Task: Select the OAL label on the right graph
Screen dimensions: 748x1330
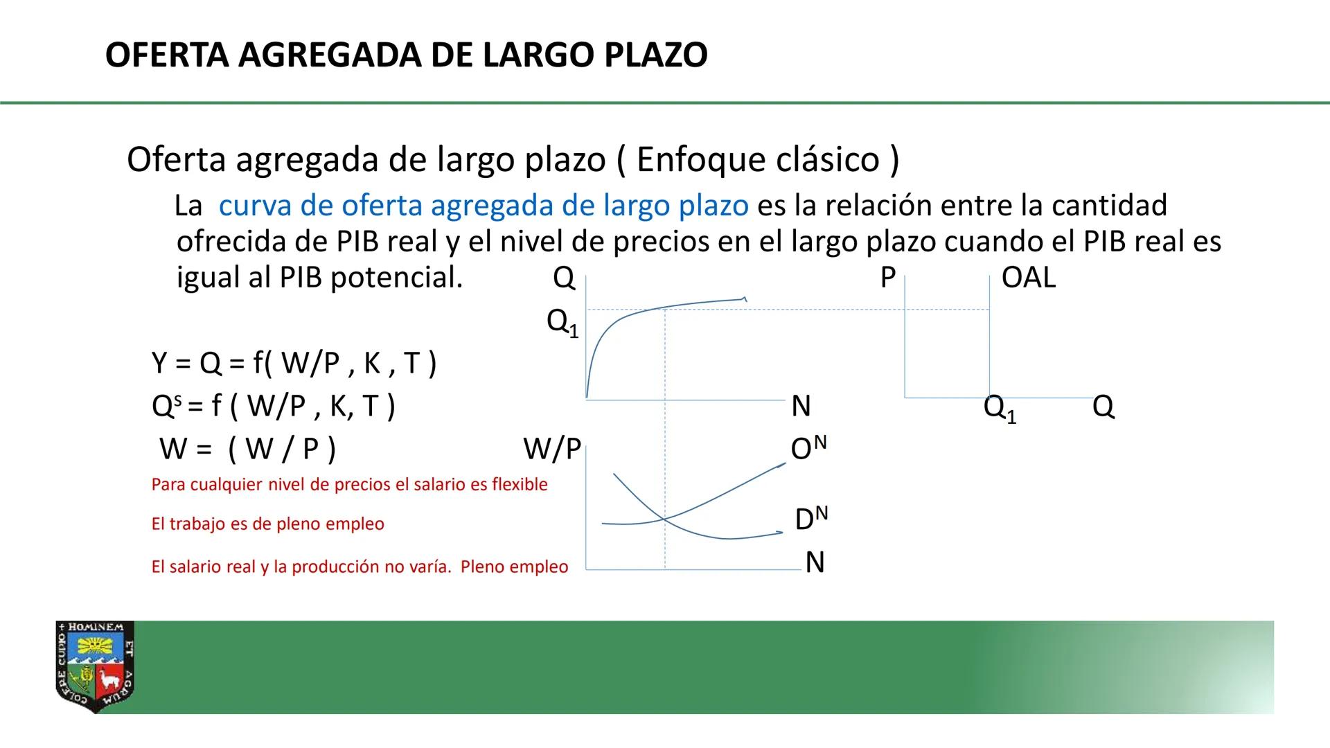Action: pos(1028,278)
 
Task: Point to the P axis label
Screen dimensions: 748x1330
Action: pos(887,278)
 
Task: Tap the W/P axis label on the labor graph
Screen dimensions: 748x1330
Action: pos(551,449)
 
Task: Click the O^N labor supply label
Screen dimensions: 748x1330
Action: pos(808,448)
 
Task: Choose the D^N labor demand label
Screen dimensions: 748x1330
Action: pos(811,519)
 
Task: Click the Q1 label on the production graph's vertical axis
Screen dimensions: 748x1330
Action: pos(562,322)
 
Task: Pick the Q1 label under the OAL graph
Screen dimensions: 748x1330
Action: pos(1000,409)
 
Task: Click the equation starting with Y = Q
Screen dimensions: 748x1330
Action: pos(294,363)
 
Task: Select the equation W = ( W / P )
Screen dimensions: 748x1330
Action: pos(247,449)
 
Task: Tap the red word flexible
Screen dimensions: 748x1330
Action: pos(520,485)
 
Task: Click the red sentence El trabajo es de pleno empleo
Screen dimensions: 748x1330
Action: pos(267,524)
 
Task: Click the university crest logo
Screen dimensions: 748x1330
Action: pos(95,667)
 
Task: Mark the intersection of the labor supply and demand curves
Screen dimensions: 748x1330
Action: pos(664,518)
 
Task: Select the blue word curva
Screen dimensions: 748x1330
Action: pos(253,206)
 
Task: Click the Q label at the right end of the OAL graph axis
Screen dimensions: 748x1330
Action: pos(1103,406)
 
